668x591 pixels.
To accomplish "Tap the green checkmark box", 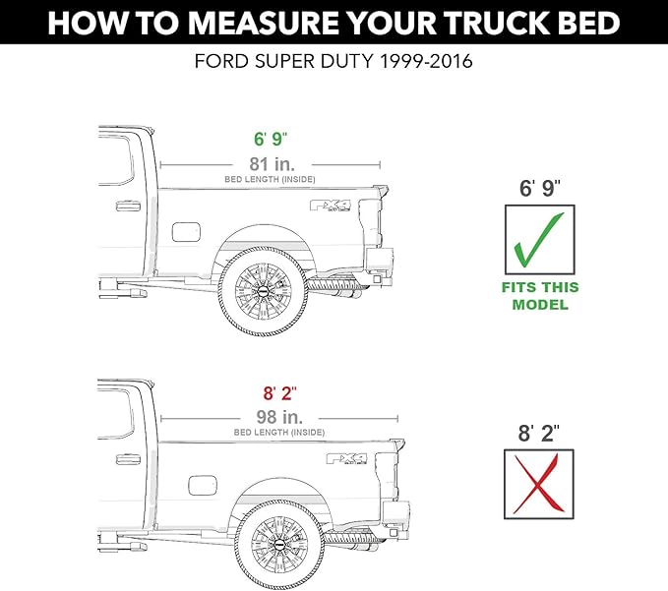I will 539,239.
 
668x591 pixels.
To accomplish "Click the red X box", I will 539,483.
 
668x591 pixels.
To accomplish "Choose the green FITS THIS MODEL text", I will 539,296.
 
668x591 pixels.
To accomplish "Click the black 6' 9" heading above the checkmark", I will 539,188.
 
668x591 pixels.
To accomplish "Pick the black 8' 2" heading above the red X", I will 539,432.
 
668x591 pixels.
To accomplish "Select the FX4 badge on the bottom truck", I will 345,458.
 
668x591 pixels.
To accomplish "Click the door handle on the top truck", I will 127,207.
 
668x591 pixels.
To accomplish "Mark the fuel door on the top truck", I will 186,232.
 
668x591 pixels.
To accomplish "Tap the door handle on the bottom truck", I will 127,459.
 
